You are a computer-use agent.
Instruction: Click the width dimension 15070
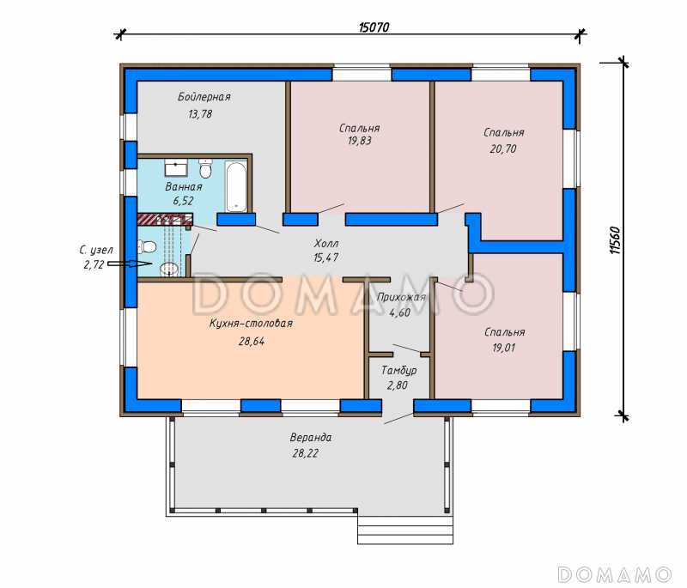tap(374, 27)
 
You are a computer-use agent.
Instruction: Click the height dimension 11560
tap(615, 240)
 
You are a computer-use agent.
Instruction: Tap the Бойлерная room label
tap(204, 97)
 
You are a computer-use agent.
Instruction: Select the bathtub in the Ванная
tap(236, 187)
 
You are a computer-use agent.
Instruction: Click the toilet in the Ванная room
tap(205, 168)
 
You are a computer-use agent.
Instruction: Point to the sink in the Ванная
tap(176, 167)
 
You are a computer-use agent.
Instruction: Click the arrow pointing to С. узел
tap(130, 264)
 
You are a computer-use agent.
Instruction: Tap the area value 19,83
tap(359, 141)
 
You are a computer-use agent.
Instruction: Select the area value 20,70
tap(503, 149)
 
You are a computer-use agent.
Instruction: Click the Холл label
tap(326, 243)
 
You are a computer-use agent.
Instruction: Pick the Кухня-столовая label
tap(251, 324)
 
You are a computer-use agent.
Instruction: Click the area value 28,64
tap(252, 341)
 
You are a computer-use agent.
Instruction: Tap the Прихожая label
tap(401, 298)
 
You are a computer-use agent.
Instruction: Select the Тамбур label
tap(398, 371)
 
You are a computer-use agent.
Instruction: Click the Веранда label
tap(311, 438)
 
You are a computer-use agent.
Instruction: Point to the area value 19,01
tap(504, 348)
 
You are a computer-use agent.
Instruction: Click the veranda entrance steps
tap(405, 529)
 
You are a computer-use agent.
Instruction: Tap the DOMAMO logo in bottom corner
tap(614, 574)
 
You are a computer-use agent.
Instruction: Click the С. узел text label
tap(96, 250)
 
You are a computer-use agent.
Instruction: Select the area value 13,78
tap(200, 114)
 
